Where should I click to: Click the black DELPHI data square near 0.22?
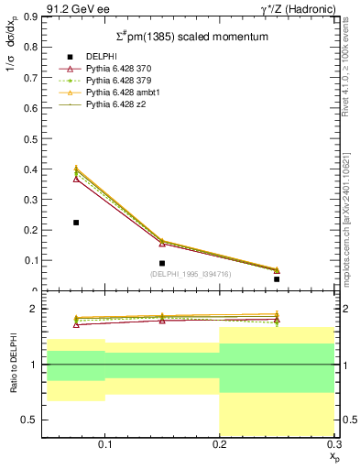(x=76, y=223)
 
